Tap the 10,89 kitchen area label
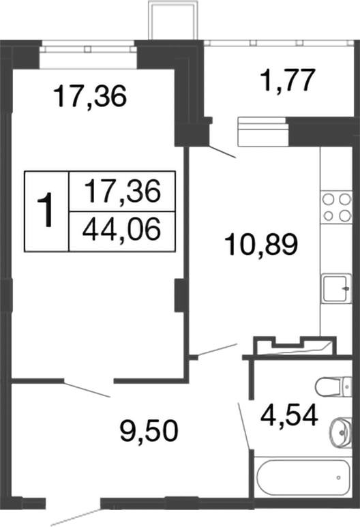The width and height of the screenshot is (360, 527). (262, 243)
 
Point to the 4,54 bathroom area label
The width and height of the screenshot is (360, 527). (290, 415)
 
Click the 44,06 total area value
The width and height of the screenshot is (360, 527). (121, 230)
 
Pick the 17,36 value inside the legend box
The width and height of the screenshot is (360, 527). (121, 191)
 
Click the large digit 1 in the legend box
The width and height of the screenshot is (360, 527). (46, 210)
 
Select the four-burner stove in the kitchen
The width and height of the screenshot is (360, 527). (335, 208)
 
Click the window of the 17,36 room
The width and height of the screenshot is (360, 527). (87, 47)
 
